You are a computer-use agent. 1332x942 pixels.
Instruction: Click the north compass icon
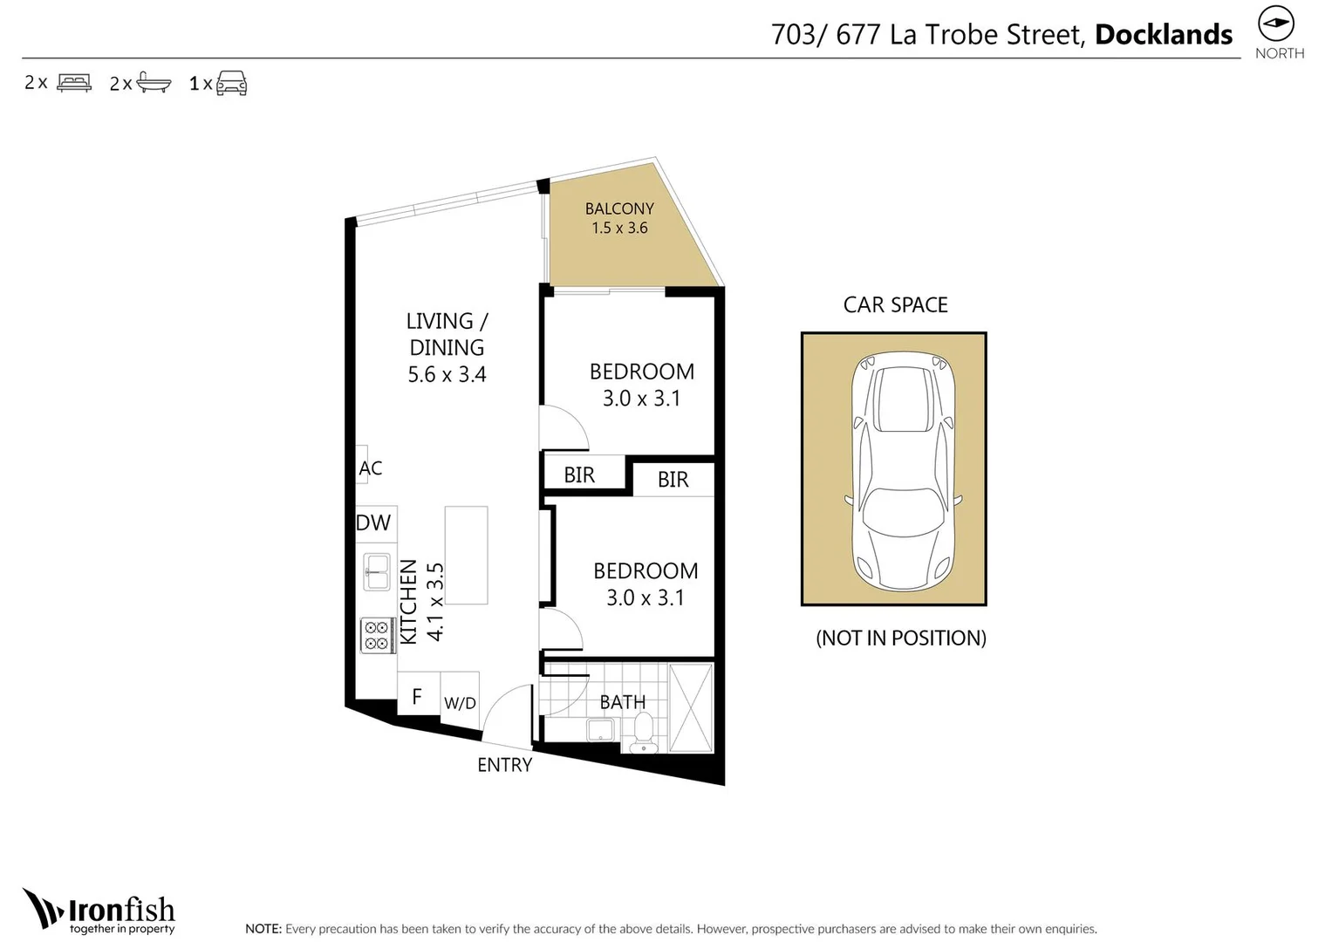pos(1275,24)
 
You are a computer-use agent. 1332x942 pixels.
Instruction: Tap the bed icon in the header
pos(74,83)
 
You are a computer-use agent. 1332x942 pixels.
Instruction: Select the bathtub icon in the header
pos(154,83)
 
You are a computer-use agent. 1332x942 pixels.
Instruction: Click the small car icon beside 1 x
pos(231,83)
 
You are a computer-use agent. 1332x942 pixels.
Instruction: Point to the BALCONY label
pos(619,208)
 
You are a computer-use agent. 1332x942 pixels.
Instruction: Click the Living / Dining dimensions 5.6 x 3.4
pos(447,375)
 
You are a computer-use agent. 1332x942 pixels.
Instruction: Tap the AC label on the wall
pos(371,468)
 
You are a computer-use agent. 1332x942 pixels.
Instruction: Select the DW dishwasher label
pos(373,522)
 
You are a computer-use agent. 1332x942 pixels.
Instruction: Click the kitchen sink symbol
pos(377,572)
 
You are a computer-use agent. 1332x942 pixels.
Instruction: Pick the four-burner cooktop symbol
pos(377,635)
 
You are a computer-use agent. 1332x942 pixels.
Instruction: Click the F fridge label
pos(417,696)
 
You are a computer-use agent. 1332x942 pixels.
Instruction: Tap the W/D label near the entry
pos(460,703)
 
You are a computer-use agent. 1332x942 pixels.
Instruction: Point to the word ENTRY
pos(504,765)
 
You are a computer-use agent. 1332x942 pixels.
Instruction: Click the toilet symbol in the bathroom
pos(644,731)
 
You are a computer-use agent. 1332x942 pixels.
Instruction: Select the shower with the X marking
pos(691,707)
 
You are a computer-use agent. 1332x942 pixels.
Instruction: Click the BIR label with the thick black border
pos(580,474)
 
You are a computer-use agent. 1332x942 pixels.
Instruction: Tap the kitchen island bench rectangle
pos(466,555)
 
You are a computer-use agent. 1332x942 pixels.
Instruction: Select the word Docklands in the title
pos(1163,35)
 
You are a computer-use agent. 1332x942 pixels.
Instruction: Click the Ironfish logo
pos(99,911)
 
